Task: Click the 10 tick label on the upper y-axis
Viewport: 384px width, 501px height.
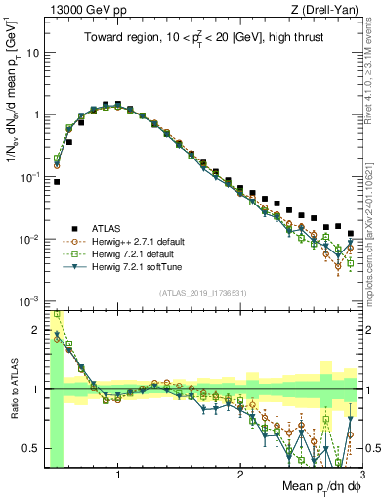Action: (31, 52)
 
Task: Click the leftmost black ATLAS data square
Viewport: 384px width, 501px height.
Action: (57, 182)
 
